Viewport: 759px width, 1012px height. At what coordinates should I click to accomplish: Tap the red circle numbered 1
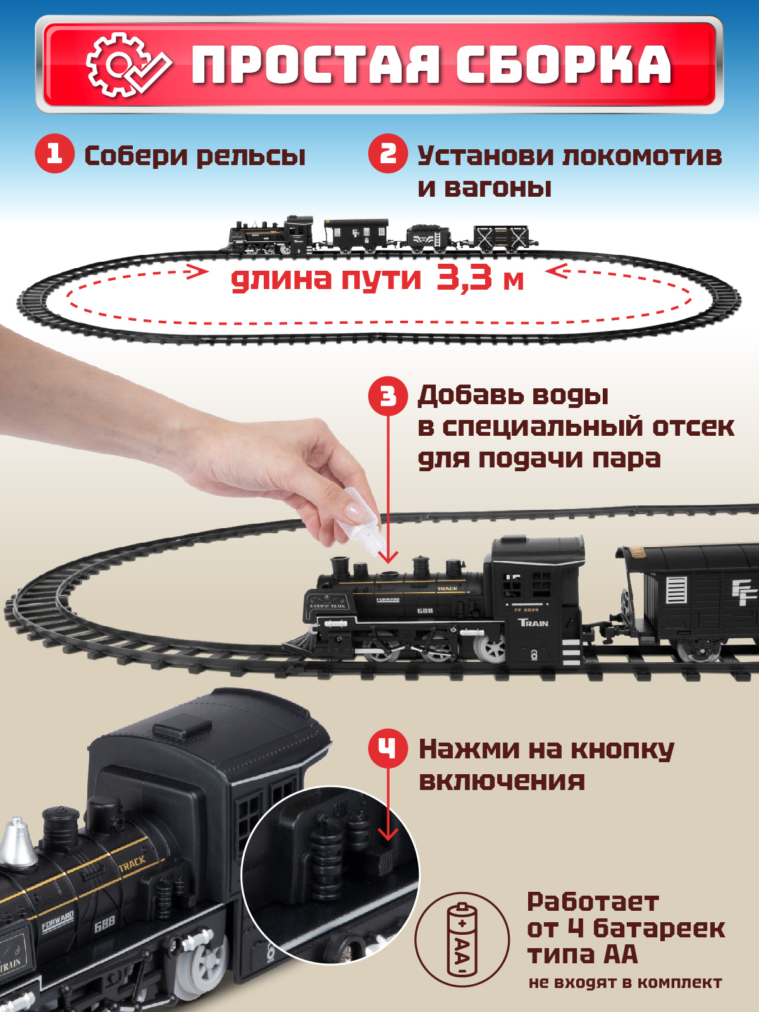[x=55, y=154]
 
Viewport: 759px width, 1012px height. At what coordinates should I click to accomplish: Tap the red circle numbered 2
[x=388, y=154]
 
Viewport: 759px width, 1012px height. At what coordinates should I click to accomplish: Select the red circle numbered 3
[x=388, y=396]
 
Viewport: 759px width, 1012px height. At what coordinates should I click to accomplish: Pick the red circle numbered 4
[x=388, y=748]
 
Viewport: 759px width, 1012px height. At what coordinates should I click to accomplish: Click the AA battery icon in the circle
[x=462, y=939]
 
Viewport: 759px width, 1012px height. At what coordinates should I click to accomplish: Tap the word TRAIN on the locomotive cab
[x=533, y=623]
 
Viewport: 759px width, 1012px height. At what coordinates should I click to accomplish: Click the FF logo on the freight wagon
[x=744, y=593]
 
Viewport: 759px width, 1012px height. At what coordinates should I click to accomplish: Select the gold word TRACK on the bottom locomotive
[x=132, y=864]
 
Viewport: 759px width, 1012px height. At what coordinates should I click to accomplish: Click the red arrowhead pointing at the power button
[x=388, y=834]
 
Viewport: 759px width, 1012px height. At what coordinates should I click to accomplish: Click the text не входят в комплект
[x=625, y=982]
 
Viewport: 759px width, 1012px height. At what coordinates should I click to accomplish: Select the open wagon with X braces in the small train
[x=501, y=237]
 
